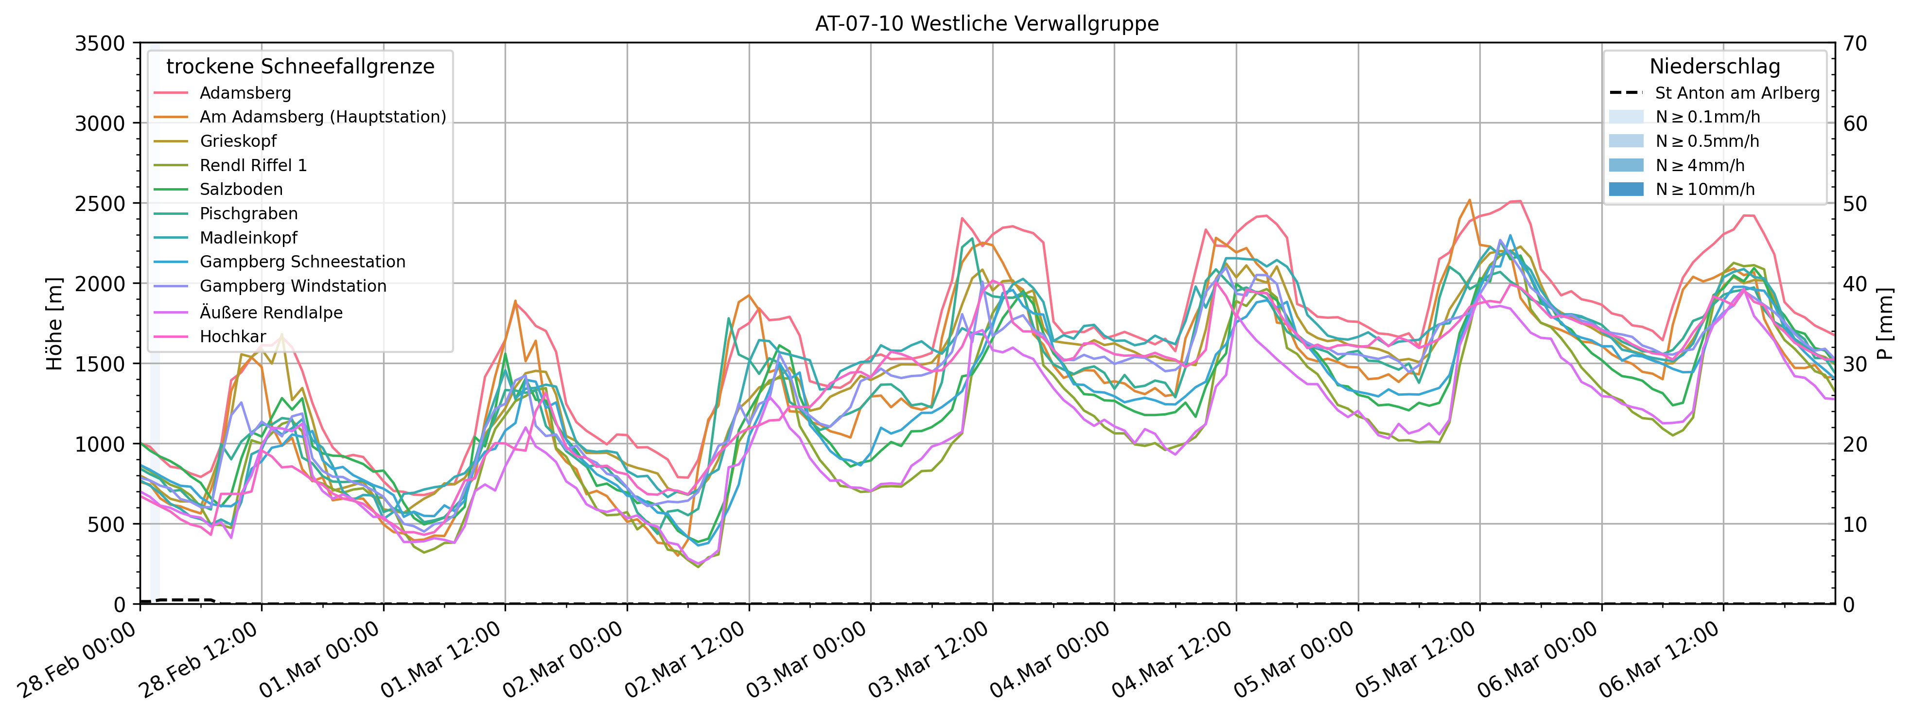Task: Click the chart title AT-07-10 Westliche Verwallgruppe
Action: pos(987,24)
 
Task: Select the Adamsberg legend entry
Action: pos(245,93)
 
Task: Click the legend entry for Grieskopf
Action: pos(237,141)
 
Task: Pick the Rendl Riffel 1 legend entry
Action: pos(253,165)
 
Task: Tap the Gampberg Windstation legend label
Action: pos(293,286)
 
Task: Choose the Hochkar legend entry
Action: pos(232,337)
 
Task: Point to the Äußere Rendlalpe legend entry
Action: pos(271,312)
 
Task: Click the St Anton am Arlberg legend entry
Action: pos(1736,93)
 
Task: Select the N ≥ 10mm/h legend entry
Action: pos(1705,189)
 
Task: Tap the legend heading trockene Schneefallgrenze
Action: pos(300,67)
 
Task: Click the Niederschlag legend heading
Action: pos(1715,67)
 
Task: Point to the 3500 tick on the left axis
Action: pos(99,43)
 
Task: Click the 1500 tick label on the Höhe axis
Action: pos(99,364)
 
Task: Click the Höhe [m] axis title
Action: pos(55,323)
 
